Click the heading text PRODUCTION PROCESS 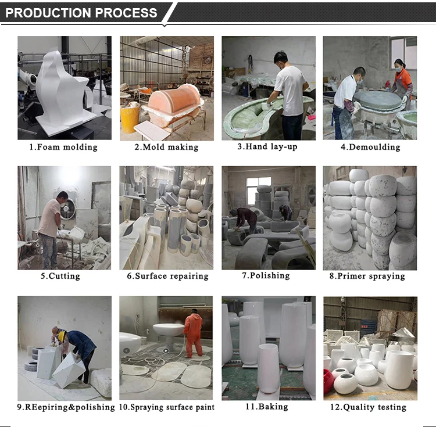81,13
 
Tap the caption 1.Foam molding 64,147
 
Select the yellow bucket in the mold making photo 130,118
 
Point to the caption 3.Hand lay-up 267,146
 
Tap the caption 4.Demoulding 371,147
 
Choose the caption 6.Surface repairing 167,276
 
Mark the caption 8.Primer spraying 367,276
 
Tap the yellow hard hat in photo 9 62,335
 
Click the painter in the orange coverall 193,335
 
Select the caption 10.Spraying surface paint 167,407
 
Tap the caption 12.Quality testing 368,407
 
